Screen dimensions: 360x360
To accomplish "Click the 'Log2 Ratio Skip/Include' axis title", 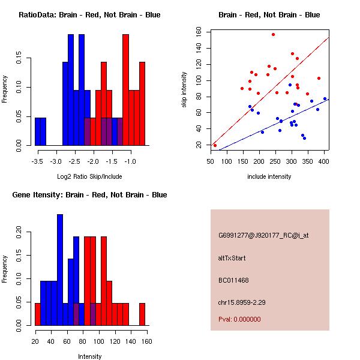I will pyautogui.click(x=89, y=176).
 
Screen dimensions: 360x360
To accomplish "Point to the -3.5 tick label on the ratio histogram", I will pyautogui.click(x=37, y=161).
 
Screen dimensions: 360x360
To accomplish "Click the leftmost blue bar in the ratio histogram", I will pyautogui.click(x=40, y=131).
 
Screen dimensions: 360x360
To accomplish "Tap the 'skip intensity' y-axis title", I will pyautogui.click(x=185, y=89).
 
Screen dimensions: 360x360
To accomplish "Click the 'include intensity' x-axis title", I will pyautogui.click(x=269, y=176).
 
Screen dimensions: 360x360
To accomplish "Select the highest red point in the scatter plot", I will pyautogui.click(x=273, y=35).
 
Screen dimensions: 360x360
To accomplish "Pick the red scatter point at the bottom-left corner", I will pyautogui.click(x=215, y=145).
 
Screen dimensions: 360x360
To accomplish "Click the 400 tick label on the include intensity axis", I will pyautogui.click(x=324, y=161).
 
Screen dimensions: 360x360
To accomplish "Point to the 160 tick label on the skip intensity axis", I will pyautogui.click(x=199, y=32).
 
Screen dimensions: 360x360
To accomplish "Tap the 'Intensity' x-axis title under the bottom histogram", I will pyautogui.click(x=89, y=356).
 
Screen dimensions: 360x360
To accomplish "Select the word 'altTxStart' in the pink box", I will pyautogui.click(x=232, y=258).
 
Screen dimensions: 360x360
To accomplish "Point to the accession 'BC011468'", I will pyautogui.click(x=233, y=280).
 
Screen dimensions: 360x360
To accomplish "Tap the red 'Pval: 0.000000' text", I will pyautogui.click(x=239, y=319).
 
